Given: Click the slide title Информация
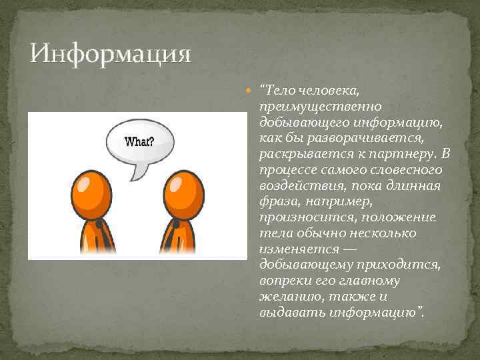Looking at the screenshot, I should click(111, 53).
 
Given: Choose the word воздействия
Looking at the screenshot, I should click(293, 187).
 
